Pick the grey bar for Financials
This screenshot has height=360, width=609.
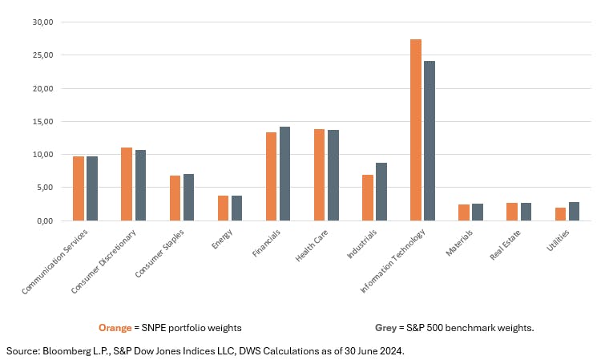[x=284, y=173]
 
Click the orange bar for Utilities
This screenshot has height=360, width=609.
[x=560, y=214]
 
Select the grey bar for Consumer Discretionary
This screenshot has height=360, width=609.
[x=140, y=185]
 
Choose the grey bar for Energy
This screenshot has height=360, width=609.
[x=236, y=208]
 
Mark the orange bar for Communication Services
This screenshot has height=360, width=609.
[x=79, y=188]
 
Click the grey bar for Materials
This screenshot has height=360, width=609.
[x=478, y=212]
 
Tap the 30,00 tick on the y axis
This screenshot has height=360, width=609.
[x=42, y=22]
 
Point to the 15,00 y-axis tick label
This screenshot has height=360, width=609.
[x=42, y=121]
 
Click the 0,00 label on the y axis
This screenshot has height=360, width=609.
[x=44, y=220]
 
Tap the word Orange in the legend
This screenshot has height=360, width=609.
[x=114, y=327]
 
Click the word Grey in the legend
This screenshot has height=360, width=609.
[x=388, y=327]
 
